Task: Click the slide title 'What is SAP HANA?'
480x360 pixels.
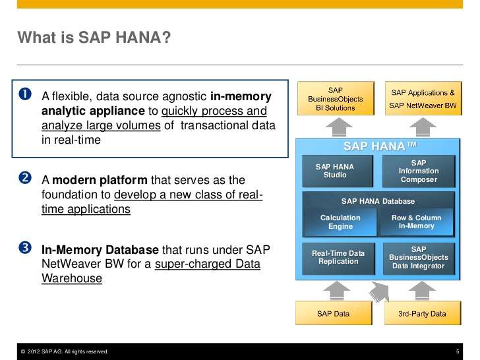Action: click(x=94, y=38)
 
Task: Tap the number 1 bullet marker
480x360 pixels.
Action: click(x=25, y=96)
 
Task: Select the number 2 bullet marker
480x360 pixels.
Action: click(x=25, y=180)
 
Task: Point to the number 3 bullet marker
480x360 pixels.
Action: click(x=25, y=249)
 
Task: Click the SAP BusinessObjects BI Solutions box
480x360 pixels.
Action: click(x=336, y=98)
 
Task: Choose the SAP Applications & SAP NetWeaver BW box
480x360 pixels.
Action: click(x=423, y=98)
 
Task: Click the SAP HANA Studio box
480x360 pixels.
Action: click(x=335, y=171)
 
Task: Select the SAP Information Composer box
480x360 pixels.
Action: click(x=419, y=171)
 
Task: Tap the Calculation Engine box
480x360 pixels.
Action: click(x=340, y=222)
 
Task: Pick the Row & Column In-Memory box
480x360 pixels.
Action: click(x=417, y=222)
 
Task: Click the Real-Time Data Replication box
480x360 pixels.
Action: click(x=338, y=257)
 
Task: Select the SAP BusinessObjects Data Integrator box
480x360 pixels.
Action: click(x=419, y=258)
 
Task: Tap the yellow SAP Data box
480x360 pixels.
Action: click(x=333, y=313)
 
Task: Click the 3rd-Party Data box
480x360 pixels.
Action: click(x=422, y=313)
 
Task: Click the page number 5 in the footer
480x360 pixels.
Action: click(x=458, y=351)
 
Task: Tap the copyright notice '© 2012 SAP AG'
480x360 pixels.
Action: click(x=64, y=351)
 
